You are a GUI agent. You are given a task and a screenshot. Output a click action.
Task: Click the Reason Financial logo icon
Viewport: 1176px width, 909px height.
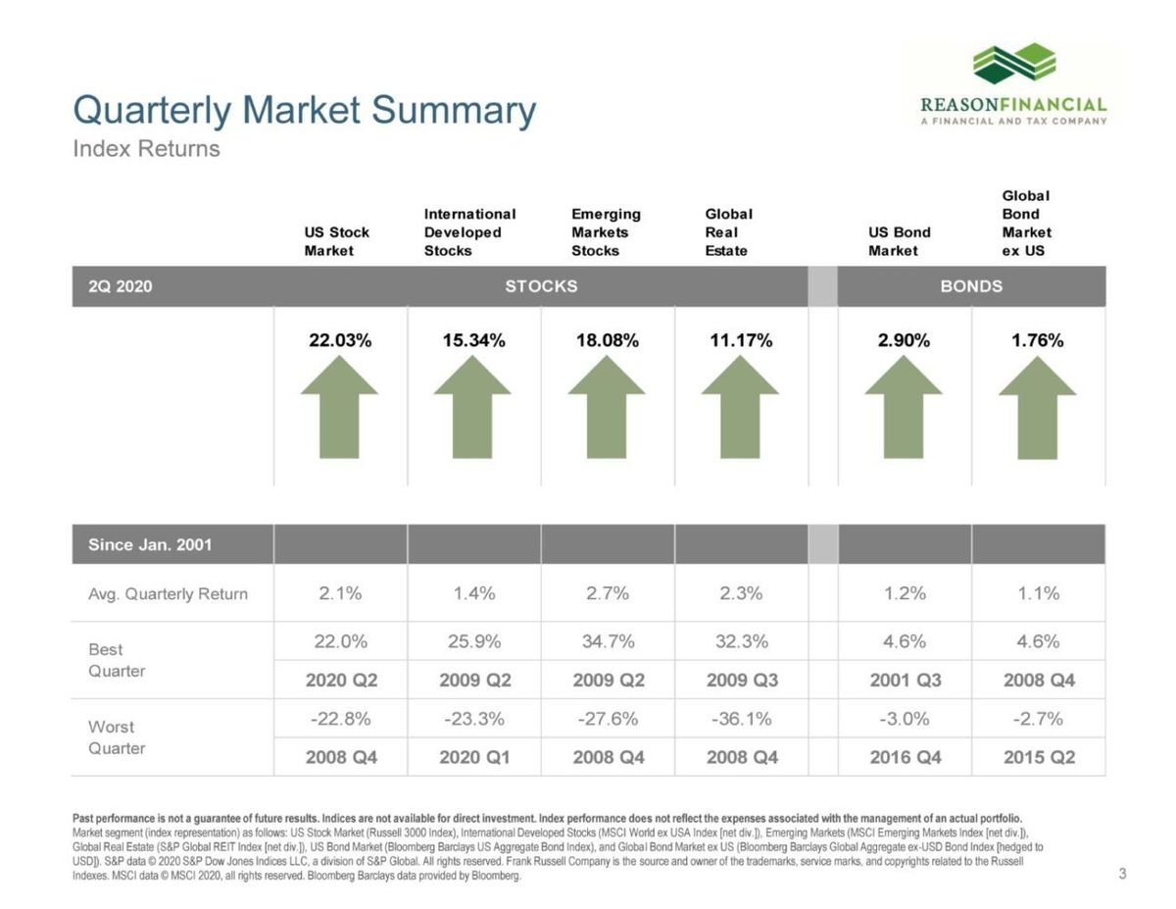(x=1013, y=65)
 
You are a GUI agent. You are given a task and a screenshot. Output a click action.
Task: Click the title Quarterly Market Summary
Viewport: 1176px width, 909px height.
(x=305, y=110)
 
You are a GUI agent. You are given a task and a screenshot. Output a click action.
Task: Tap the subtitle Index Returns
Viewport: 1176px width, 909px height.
(x=147, y=149)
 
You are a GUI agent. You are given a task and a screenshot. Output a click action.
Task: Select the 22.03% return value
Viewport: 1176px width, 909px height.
(x=340, y=341)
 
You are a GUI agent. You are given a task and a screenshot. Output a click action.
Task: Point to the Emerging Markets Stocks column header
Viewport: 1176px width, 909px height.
(x=606, y=232)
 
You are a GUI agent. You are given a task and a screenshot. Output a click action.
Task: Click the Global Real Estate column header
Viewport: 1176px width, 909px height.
(x=728, y=232)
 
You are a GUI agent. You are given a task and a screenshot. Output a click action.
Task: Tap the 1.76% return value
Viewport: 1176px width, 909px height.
(x=1037, y=341)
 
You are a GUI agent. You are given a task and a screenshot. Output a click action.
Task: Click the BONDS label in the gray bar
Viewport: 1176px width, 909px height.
(x=971, y=286)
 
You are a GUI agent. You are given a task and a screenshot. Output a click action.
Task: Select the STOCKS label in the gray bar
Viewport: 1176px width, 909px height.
(x=541, y=286)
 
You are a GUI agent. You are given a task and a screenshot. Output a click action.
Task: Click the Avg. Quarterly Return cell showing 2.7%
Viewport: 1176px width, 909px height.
(x=608, y=593)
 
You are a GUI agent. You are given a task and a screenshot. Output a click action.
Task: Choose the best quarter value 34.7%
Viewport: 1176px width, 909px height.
(x=608, y=642)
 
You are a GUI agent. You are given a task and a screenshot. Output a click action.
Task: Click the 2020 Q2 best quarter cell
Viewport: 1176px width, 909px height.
(x=340, y=680)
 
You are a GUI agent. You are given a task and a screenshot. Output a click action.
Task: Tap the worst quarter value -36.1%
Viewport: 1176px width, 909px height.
(x=741, y=719)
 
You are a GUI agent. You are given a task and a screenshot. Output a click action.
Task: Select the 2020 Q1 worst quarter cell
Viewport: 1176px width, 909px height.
(x=474, y=757)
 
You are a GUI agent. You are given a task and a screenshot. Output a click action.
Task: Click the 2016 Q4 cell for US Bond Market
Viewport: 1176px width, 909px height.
(x=905, y=757)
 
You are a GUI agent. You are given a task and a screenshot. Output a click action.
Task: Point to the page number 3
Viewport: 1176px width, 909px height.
(x=1122, y=874)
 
